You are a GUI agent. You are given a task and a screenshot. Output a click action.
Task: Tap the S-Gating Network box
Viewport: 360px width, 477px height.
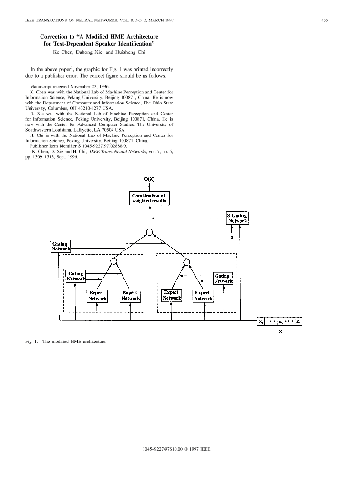pyautogui.click(x=237, y=218)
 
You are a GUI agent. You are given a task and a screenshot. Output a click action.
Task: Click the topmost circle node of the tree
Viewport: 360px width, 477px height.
pyautogui.click(x=149, y=232)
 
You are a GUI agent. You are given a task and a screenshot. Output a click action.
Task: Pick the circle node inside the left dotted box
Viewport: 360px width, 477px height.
pyautogui.click(x=113, y=261)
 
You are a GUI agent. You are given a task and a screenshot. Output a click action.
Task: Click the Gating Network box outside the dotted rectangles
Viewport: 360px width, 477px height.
pyautogui.click(x=60, y=247)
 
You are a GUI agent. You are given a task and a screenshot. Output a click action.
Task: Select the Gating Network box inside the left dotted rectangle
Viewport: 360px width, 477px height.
pyautogui.click(x=76, y=276)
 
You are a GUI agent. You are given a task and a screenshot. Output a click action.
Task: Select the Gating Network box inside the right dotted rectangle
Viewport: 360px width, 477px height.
pyautogui.click(x=223, y=279)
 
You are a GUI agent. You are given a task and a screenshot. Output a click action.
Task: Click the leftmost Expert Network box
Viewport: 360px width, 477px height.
pyautogui.click(x=97, y=295)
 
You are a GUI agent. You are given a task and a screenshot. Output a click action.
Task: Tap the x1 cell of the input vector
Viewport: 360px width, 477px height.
pyautogui.click(x=261, y=321)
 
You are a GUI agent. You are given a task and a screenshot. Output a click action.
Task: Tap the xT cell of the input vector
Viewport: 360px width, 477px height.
pyautogui.click(x=298, y=321)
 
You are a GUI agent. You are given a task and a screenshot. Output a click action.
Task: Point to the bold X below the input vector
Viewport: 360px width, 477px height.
pyautogui.click(x=280, y=331)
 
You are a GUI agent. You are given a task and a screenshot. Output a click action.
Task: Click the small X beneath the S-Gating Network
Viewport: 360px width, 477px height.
pyautogui.click(x=232, y=235)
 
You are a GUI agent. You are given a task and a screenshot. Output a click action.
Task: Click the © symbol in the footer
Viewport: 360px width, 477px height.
pyautogui.click(x=185, y=449)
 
